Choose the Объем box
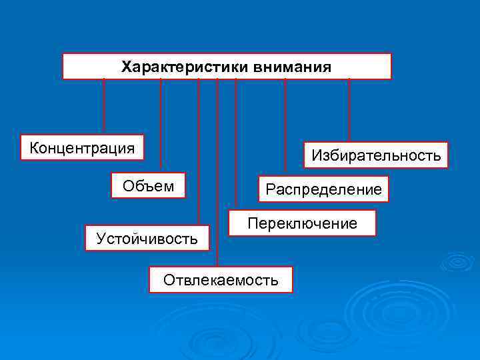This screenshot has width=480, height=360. tap(148, 186)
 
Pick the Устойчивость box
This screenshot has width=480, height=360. tap(147, 238)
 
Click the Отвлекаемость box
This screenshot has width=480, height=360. tap(221, 280)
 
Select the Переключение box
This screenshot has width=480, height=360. tap(302, 223)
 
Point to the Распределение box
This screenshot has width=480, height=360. tap(323, 189)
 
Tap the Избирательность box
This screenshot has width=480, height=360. tap(376, 155)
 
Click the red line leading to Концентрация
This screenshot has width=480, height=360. tap(104, 107)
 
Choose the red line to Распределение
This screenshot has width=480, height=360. tap(285, 127)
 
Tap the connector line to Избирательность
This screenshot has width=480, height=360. tap(349, 110)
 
